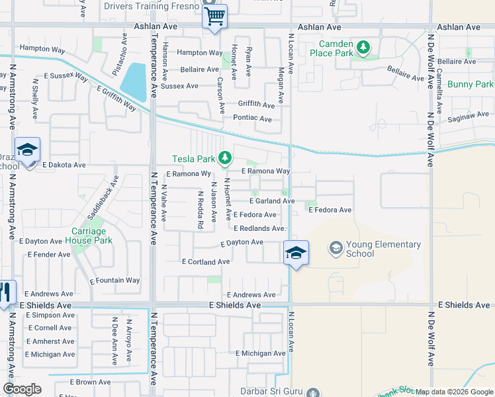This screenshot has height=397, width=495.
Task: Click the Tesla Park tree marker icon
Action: click(226, 157)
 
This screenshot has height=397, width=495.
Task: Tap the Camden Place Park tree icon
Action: click(363, 48)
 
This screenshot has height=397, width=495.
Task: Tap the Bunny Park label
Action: click(470, 85)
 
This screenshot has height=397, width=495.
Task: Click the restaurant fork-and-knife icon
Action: click(5, 292)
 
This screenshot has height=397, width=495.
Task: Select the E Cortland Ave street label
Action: click(206, 262)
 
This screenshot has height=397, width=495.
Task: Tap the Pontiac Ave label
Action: click(253, 118)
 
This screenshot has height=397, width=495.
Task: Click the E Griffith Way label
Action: click(116, 99)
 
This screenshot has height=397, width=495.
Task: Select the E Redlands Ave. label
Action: click(259, 229)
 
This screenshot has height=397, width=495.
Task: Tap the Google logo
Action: click(22, 389)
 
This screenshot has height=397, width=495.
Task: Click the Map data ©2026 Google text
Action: click(454, 392)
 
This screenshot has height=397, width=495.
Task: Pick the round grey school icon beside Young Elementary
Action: click(336, 249)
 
